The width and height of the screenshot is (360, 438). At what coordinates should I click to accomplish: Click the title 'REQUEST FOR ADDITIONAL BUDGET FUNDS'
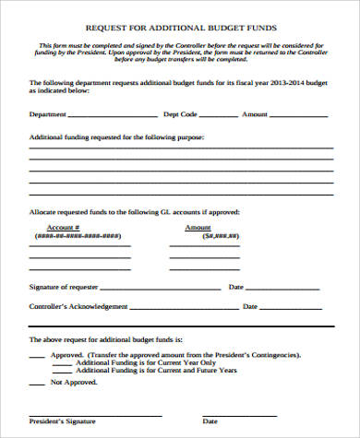click(x=179, y=29)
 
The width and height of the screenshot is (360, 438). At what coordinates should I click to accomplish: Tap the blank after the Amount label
click(x=298, y=116)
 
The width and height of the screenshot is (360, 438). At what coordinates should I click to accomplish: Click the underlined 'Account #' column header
click(x=63, y=227)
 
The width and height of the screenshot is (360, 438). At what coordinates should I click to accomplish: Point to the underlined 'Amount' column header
click(x=198, y=227)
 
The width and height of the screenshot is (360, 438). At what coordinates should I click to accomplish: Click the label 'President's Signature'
click(x=62, y=420)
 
